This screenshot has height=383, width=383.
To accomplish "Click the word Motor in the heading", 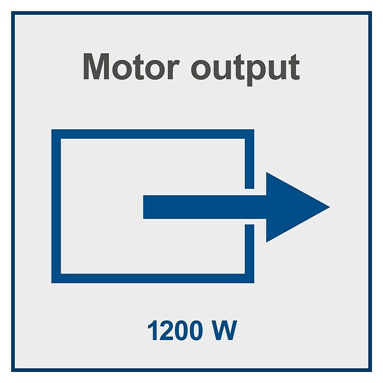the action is (x=131, y=67).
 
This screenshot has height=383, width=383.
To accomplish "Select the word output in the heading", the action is (x=245, y=70).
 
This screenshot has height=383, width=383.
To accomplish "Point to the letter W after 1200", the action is (x=225, y=330).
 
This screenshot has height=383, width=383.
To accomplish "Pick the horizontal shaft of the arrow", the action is (x=205, y=207).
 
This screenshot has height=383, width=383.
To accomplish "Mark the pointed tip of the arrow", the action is (x=330, y=207).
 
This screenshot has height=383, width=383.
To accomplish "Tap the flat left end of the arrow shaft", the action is (x=144, y=207).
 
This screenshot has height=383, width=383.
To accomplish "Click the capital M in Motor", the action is (x=96, y=67).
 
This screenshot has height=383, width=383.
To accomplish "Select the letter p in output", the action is (x=256, y=73).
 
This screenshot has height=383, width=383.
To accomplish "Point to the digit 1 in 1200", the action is (x=153, y=330).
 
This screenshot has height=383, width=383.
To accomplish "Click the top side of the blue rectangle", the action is (x=152, y=134).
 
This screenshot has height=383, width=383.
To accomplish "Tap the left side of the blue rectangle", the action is (x=56, y=206).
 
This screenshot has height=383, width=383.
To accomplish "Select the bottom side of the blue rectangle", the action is (x=152, y=278).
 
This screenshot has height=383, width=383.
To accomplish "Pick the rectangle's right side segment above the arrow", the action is (x=250, y=159).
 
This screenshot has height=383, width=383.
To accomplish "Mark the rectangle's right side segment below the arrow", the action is (x=250, y=254).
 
